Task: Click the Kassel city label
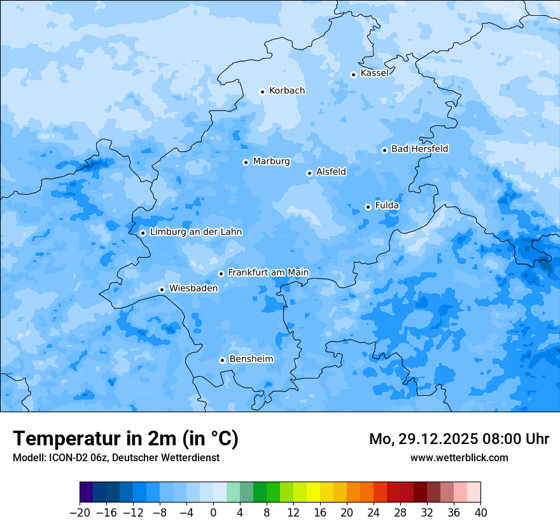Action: pos(374,73)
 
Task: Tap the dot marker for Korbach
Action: pos(262,92)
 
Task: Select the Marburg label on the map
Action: pos(271,162)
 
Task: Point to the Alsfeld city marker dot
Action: pos(309,173)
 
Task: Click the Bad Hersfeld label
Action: pos(419,149)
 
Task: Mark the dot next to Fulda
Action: pos(368,207)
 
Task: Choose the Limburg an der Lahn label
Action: pos(195,232)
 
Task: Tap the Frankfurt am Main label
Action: pos(268,272)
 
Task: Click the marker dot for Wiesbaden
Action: pos(162,289)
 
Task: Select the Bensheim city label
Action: pos(251,359)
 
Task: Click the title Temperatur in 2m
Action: pos(125,439)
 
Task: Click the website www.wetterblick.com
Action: pos(459,457)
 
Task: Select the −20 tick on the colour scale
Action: pos(80,513)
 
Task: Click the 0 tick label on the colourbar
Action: pos(213,513)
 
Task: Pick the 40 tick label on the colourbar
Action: pos(480,513)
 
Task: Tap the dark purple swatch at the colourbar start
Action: pos(87,492)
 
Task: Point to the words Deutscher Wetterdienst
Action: pos(165,457)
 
